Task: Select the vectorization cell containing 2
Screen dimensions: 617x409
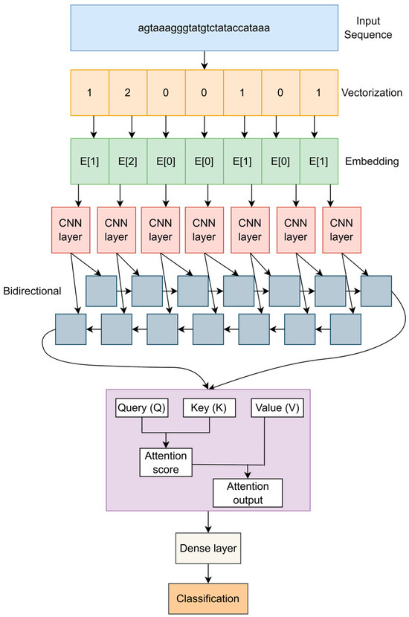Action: click(x=132, y=93)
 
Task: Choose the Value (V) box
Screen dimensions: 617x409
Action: click(x=277, y=408)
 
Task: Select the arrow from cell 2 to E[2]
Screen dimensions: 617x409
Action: click(x=132, y=127)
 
